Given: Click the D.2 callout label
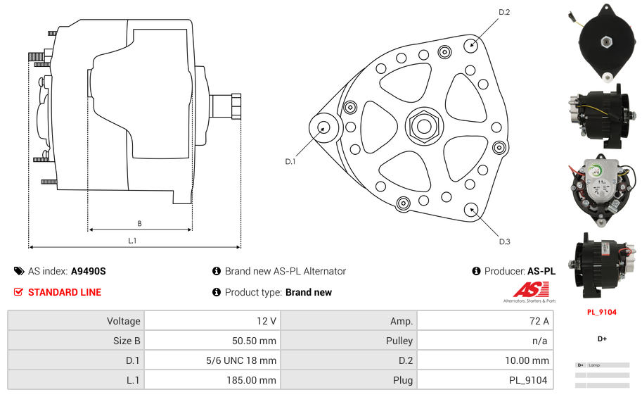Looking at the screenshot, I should click(504, 12).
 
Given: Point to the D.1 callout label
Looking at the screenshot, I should click(290, 162).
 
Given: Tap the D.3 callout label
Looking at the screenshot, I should click(504, 241).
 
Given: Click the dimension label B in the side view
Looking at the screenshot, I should click(139, 224).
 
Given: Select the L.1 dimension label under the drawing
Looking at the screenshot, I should click(132, 241).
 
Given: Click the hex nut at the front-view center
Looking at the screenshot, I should click(423, 127).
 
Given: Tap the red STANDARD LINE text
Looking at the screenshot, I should click(65, 292).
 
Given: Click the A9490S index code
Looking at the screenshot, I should click(89, 271).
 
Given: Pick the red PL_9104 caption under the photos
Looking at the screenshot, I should click(602, 312).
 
